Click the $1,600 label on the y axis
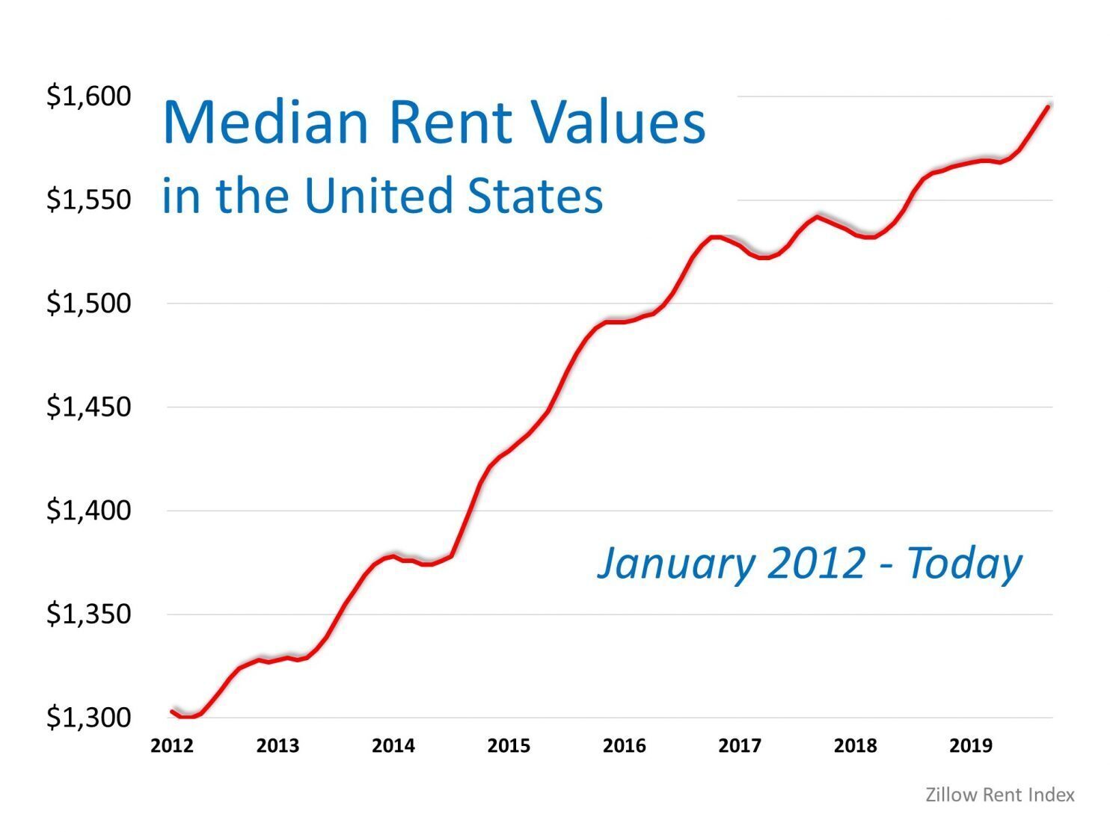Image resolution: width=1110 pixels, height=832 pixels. pyautogui.click(x=88, y=96)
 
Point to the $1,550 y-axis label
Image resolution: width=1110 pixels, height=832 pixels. pyautogui.click(x=88, y=200)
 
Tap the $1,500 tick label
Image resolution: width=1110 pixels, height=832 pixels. pyautogui.click(x=88, y=303)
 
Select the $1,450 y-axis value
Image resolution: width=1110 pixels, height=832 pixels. pyautogui.click(x=88, y=407)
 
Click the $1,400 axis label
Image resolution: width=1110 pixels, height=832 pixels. pyautogui.click(x=88, y=511)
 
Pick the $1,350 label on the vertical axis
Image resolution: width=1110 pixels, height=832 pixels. pyautogui.click(x=88, y=614)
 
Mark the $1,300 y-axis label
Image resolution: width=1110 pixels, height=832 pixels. pyautogui.click(x=88, y=718)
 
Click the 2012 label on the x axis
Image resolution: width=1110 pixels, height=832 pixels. pyautogui.click(x=172, y=746)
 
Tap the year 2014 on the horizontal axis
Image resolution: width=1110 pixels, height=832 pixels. pyautogui.click(x=393, y=746)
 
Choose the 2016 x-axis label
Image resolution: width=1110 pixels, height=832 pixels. pyautogui.click(x=625, y=746)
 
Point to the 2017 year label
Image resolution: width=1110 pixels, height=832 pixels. pyautogui.click(x=740, y=746)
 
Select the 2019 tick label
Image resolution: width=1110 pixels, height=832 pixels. pyautogui.click(x=971, y=746)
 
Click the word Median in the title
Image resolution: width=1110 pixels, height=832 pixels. pyautogui.click(x=266, y=123)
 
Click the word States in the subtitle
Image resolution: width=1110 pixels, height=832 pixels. pyautogui.click(x=535, y=196)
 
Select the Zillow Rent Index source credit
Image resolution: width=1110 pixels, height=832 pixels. pyautogui.click(x=1000, y=795)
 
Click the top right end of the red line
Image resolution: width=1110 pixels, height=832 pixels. pyautogui.click(x=1049, y=107)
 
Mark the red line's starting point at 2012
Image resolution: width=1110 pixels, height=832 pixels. pyautogui.click(x=171, y=711)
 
